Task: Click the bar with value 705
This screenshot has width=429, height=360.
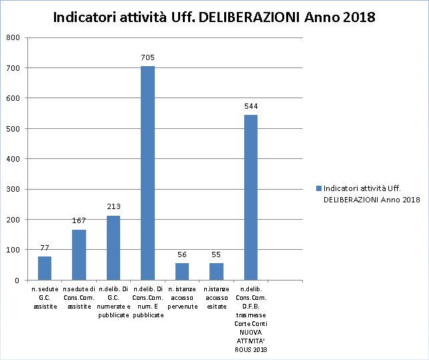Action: [147, 173]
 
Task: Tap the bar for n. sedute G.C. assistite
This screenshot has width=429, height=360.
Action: [45, 268]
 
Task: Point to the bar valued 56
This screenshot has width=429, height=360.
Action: [182, 271]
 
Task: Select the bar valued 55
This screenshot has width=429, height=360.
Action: [216, 271]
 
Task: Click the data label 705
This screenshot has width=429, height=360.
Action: [147, 58]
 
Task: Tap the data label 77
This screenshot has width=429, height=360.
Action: [45, 248]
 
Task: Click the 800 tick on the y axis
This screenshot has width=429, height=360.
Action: [13, 37]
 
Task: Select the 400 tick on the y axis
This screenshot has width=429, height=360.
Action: [13, 159]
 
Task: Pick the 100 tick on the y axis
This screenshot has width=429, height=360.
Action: [13, 250]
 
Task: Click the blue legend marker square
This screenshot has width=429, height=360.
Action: [318, 189]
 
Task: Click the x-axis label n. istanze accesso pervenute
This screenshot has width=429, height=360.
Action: [182, 297]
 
